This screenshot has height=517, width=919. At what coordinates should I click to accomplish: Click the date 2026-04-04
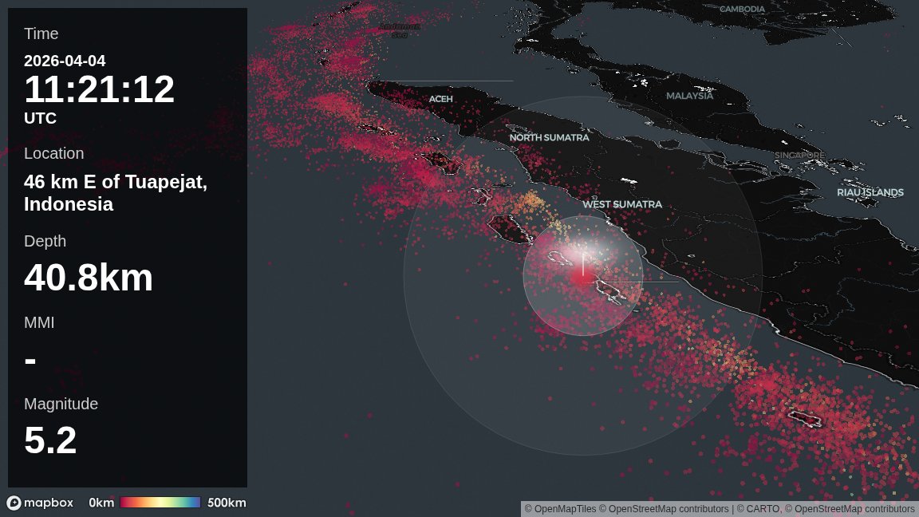[65, 61]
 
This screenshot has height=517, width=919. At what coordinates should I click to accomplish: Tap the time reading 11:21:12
[99, 89]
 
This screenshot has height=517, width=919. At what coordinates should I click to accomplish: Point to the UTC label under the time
[40, 118]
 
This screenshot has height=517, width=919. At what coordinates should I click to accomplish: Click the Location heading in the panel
[53, 153]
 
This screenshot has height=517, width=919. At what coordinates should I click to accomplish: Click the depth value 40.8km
[89, 278]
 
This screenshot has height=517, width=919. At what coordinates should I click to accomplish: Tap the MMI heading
[39, 322]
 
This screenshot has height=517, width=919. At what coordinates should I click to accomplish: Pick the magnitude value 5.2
[50, 440]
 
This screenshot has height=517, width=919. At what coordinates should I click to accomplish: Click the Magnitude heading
[61, 404]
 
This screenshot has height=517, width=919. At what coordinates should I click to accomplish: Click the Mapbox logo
[40, 503]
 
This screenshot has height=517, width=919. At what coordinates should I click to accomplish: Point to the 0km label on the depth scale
[101, 503]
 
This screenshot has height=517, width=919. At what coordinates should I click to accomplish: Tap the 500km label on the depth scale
[227, 503]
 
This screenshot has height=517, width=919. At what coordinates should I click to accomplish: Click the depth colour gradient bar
[160, 503]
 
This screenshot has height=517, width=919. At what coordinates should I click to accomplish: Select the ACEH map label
[440, 99]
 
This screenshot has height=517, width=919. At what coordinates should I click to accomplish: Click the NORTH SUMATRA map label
[549, 137]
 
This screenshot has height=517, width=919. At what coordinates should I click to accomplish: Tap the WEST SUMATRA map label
[621, 204]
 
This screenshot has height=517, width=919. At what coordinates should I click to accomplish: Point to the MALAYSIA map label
[689, 96]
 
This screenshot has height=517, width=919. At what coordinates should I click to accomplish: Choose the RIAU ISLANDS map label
[870, 192]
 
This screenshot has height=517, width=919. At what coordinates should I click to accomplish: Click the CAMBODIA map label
[742, 10]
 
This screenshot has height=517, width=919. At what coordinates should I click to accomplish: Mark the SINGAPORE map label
[799, 155]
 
